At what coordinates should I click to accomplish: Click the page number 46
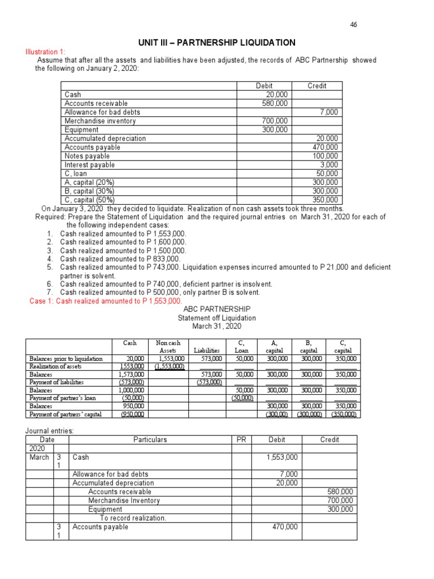pos(354,25)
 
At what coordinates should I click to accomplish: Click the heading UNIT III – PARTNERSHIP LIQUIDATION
pos(216,43)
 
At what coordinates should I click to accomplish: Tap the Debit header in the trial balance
pos(264,86)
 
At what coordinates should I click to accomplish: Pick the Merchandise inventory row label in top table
pos(100,121)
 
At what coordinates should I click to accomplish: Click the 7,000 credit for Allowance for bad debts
pos(328,113)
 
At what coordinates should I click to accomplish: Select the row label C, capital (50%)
pos(89,200)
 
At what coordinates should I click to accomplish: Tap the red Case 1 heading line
pos(105,301)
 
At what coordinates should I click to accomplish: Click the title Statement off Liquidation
pos(216,318)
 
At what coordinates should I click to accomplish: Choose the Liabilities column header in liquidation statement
pos(207,351)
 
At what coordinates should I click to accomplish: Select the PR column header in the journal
pos(241,439)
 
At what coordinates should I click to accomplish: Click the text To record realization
pos(133,518)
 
